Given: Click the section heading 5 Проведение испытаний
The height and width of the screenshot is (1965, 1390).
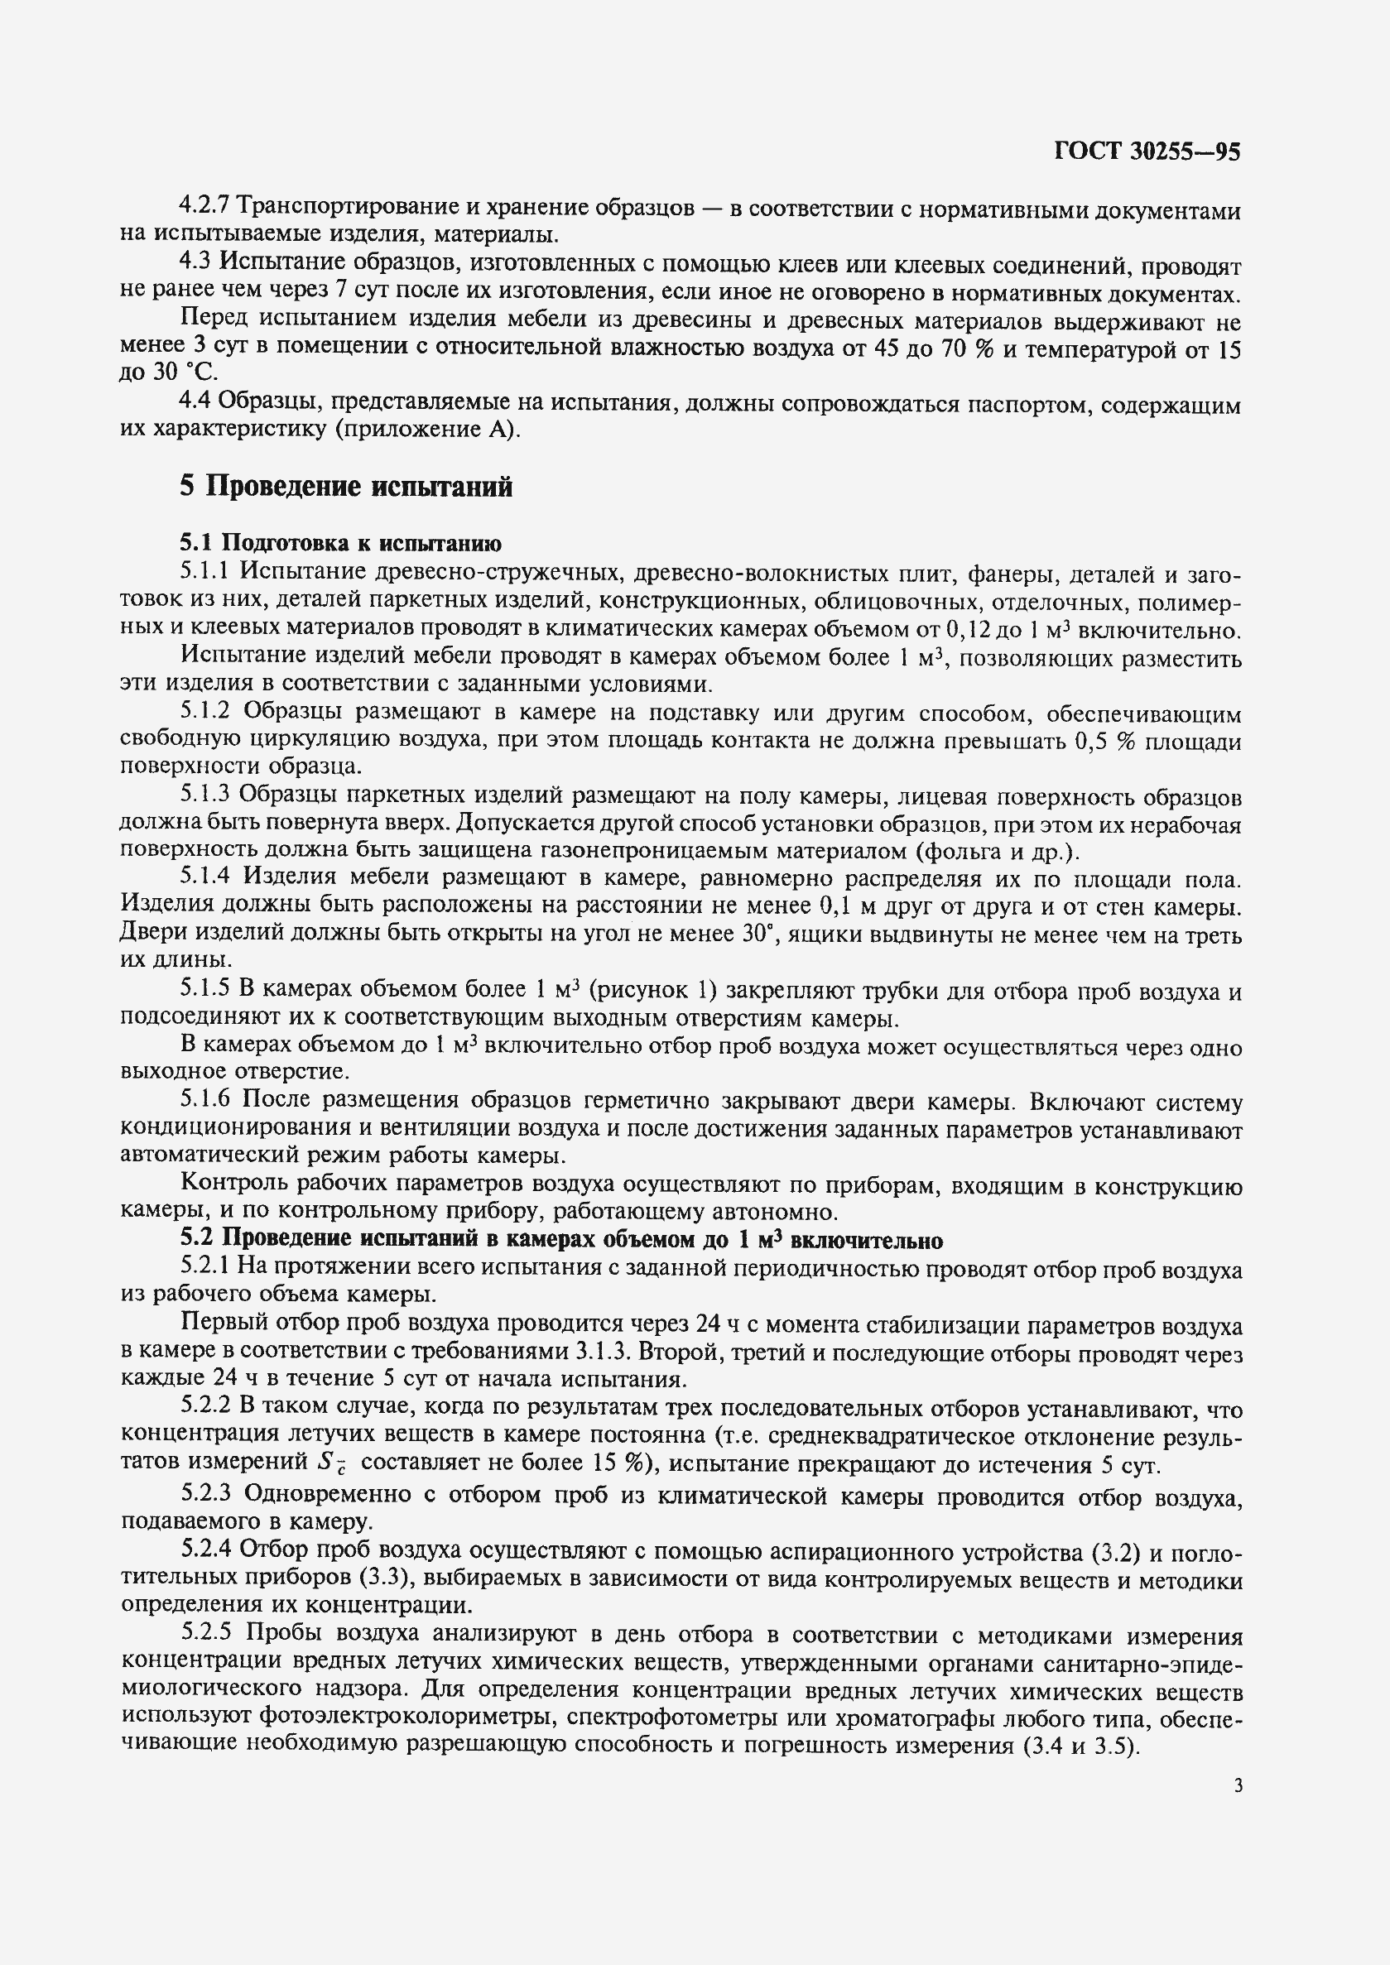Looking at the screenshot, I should point(346,486).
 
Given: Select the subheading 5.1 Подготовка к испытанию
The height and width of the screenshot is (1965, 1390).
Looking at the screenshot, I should point(340,543).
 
